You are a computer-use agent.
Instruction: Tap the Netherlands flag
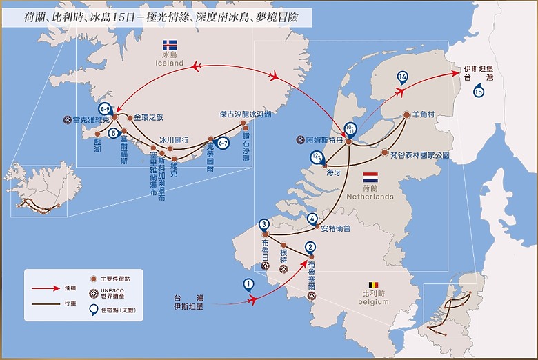tap(371, 177)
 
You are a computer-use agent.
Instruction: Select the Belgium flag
tap(373, 284)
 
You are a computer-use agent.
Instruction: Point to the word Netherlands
tap(371, 197)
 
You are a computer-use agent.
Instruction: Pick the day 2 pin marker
tap(311, 247)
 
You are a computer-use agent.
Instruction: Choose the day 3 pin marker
tap(263, 224)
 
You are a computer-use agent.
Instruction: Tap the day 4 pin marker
tap(312, 218)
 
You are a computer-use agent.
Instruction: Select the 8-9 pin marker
tap(106, 109)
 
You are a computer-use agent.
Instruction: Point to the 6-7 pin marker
tap(223, 143)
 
